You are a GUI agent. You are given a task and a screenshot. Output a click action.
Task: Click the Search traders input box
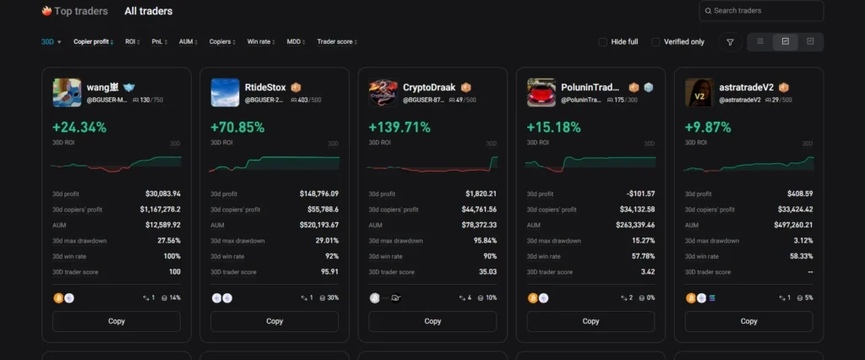764,11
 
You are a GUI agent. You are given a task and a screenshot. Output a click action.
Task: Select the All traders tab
148,12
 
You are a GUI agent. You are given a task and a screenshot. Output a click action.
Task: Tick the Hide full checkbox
602,41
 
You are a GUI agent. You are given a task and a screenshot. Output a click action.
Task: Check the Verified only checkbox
656,41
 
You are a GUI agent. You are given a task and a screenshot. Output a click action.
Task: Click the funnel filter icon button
730,41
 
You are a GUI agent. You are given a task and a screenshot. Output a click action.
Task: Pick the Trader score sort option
335,41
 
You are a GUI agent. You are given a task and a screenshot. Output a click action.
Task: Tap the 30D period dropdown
51,41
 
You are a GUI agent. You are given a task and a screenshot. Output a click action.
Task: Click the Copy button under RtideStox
275,321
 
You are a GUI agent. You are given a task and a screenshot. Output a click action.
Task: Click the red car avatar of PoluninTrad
541,92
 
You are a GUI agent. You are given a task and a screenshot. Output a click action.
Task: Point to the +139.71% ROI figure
399,128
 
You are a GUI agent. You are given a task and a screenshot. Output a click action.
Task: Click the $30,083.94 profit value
162,194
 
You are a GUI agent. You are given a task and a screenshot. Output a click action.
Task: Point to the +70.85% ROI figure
237,128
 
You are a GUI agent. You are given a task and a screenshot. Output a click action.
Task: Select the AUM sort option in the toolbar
188,41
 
